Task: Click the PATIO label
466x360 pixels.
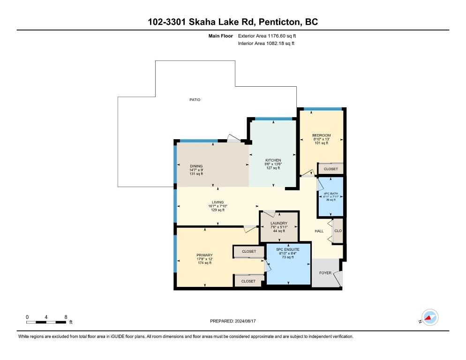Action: [x=195, y=100]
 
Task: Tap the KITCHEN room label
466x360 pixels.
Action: [x=273, y=160]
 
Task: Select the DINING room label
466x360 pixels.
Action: [x=196, y=166]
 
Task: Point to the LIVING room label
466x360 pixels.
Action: [x=218, y=202]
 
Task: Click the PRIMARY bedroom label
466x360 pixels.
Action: [x=204, y=255]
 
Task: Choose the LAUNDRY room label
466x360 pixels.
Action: [x=279, y=223]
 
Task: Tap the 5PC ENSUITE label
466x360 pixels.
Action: [x=288, y=249]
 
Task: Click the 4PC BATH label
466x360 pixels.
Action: [x=331, y=194]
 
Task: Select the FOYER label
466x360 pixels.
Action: [x=325, y=273]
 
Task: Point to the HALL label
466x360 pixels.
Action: [x=319, y=231]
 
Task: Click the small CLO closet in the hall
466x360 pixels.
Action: [x=338, y=231]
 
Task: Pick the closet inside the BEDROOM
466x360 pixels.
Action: [x=331, y=169]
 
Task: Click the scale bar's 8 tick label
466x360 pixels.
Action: [x=66, y=317]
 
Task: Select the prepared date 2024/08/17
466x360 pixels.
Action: [x=245, y=321]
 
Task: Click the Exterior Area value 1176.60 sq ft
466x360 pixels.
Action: [x=282, y=36]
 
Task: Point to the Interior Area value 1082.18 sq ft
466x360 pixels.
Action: [x=280, y=44]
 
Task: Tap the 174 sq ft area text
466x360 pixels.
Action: [x=204, y=263]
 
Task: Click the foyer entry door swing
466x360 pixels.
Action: [x=338, y=279]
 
